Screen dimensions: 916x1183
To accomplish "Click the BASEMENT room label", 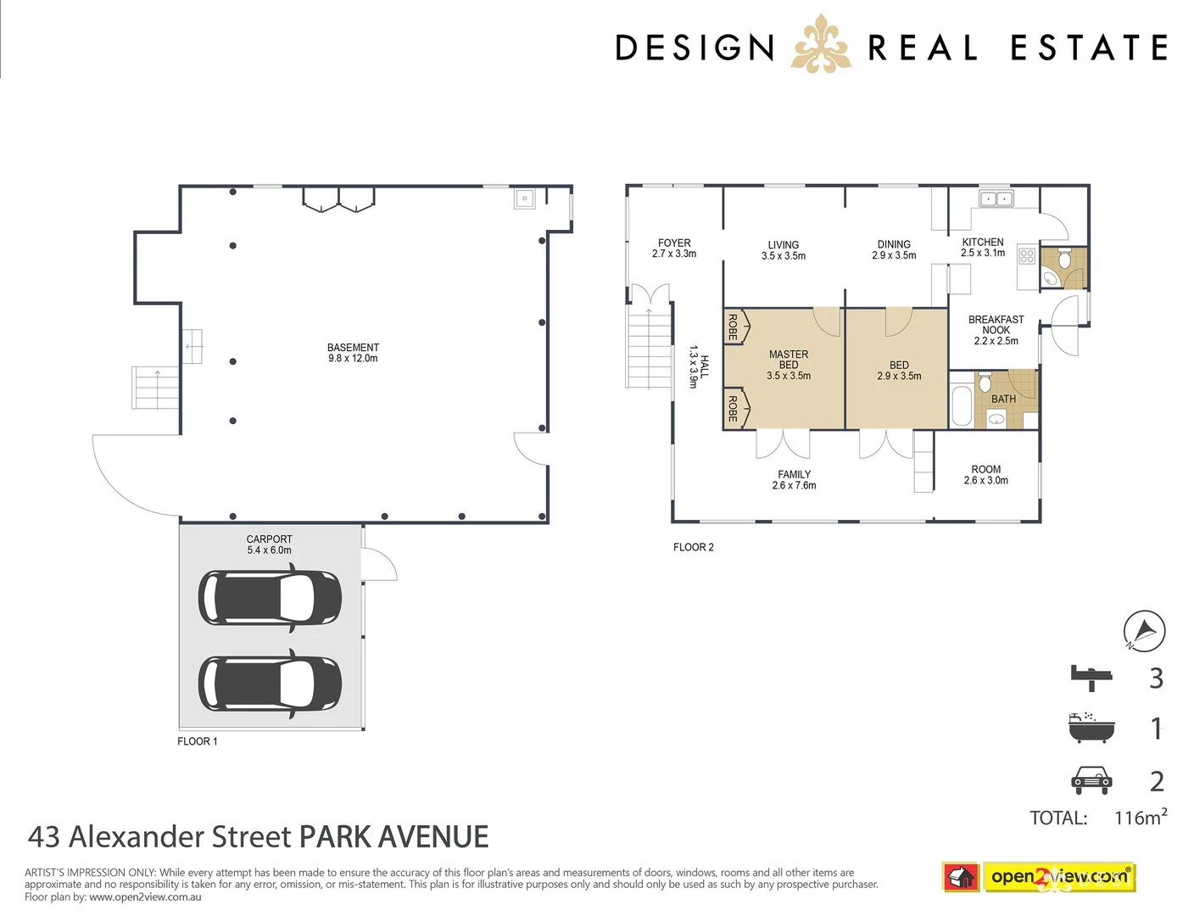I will pyautogui.click(x=353, y=348).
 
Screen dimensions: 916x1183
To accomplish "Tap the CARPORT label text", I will pyautogui.click(x=269, y=539).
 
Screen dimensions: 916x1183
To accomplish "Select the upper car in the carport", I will pyautogui.click(x=270, y=598).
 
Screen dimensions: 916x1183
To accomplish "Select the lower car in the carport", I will pyautogui.click(x=270, y=683).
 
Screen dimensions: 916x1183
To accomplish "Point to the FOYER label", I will pyautogui.click(x=674, y=243).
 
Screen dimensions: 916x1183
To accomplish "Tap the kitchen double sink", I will pyautogui.click(x=996, y=199).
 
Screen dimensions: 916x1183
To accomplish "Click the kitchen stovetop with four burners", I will pyautogui.click(x=1027, y=255).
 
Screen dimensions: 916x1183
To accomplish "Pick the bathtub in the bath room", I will pyautogui.click(x=962, y=406).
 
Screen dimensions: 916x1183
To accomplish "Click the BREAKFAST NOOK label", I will pyautogui.click(x=996, y=325).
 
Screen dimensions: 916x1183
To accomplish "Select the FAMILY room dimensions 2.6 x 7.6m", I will pyautogui.click(x=794, y=486).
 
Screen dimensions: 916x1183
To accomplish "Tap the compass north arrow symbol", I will pyautogui.click(x=1144, y=631).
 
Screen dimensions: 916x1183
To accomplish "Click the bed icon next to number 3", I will pyautogui.click(x=1091, y=677).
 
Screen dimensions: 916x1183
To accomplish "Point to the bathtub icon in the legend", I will pyautogui.click(x=1091, y=728).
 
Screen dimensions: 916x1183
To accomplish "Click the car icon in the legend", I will pyautogui.click(x=1091, y=780).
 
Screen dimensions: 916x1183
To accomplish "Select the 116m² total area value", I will pyautogui.click(x=1141, y=818).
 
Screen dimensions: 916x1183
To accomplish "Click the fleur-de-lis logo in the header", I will pyautogui.click(x=820, y=44).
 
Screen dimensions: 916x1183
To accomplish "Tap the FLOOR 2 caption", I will pyautogui.click(x=693, y=548).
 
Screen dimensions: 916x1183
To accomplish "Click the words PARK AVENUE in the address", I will pyautogui.click(x=394, y=837).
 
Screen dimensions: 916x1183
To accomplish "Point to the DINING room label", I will pyautogui.click(x=894, y=244).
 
